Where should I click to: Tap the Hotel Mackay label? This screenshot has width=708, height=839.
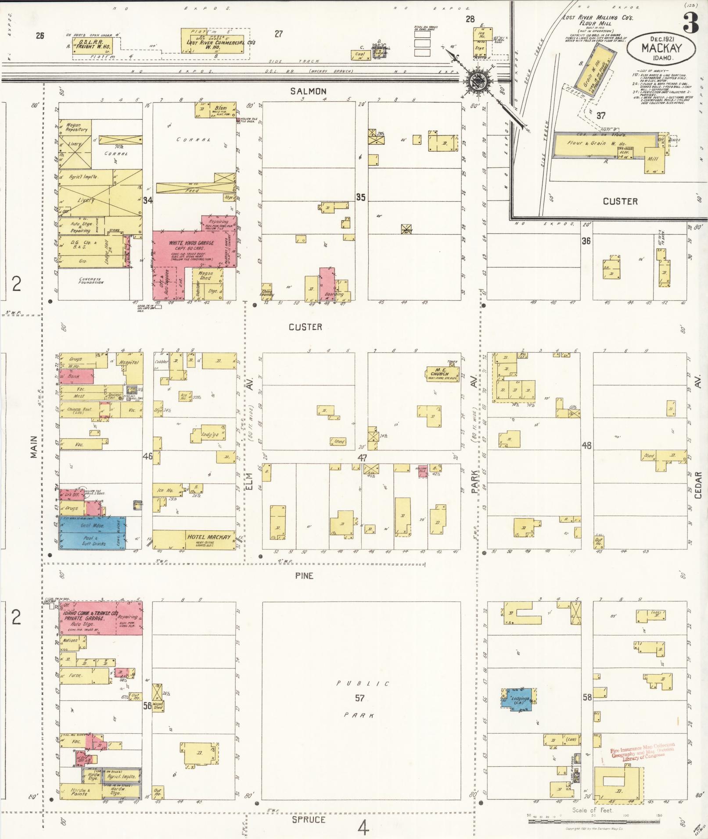click(208, 537)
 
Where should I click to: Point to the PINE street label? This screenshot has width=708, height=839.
click(304, 575)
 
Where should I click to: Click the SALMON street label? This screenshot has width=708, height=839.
click(308, 91)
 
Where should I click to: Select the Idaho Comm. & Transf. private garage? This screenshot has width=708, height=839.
click(101, 618)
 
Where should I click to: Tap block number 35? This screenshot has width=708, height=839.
click(360, 197)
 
